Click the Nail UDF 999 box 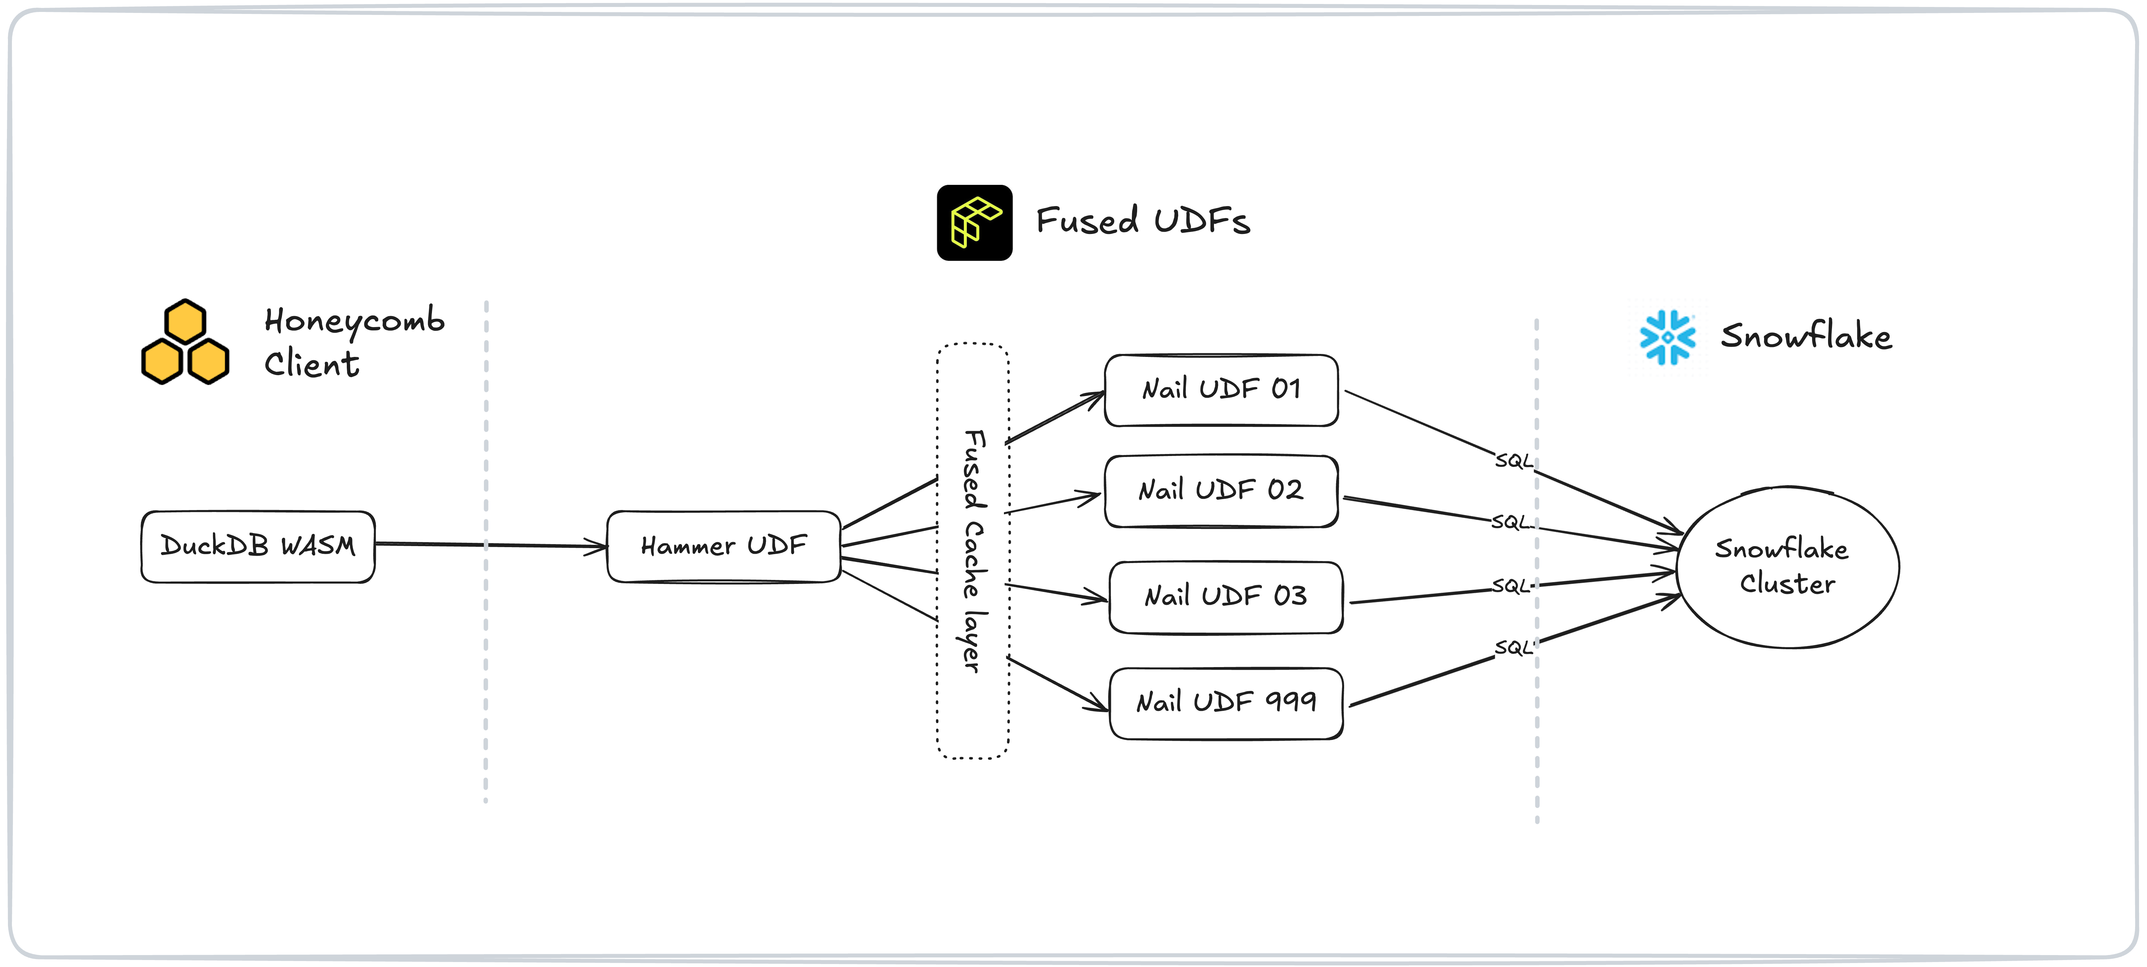(x=1225, y=703)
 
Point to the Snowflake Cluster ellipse (x=1787, y=567)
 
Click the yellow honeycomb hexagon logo (x=185, y=342)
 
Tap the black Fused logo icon (x=974, y=223)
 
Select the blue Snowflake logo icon (x=1667, y=338)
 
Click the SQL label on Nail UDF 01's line (x=1513, y=461)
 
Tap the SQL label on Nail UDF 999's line (x=1513, y=648)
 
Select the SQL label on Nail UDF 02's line (x=1510, y=523)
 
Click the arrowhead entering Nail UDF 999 (x=1098, y=703)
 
